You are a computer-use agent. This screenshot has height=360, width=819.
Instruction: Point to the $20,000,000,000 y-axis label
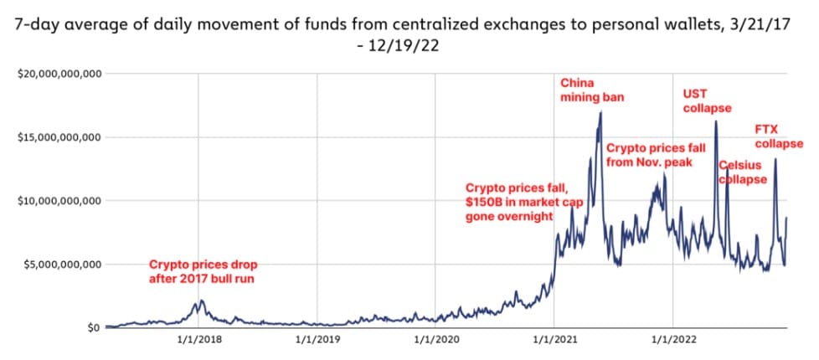(59, 74)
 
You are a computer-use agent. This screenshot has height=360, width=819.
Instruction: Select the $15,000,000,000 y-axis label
(59, 137)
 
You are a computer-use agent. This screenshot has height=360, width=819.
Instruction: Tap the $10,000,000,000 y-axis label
(59, 201)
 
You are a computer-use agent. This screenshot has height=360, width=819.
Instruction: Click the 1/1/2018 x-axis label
(198, 342)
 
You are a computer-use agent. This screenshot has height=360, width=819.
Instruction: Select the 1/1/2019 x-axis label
(317, 342)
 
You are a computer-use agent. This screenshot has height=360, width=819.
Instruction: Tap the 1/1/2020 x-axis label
(435, 342)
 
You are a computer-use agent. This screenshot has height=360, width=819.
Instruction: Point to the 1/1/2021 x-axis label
(554, 342)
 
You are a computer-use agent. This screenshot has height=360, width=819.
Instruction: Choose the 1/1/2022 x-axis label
(672, 342)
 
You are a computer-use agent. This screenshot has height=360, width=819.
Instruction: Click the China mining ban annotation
(591, 90)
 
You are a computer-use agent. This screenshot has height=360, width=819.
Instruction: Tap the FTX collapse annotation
(779, 137)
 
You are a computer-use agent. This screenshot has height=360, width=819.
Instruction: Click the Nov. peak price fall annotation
(649, 155)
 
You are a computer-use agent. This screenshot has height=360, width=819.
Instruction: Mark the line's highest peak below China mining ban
(600, 112)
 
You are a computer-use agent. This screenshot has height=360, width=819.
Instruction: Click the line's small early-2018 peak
(198, 301)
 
